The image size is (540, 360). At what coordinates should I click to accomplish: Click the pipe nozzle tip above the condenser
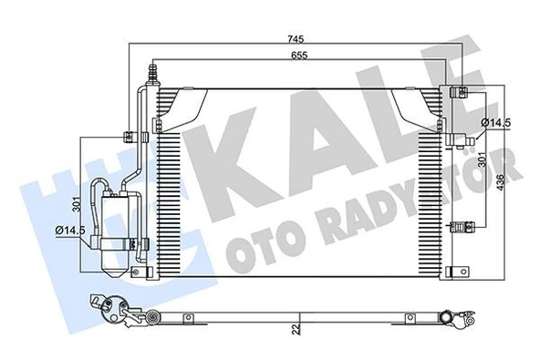(156, 67)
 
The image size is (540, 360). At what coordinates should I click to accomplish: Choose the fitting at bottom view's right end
(449, 317)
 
